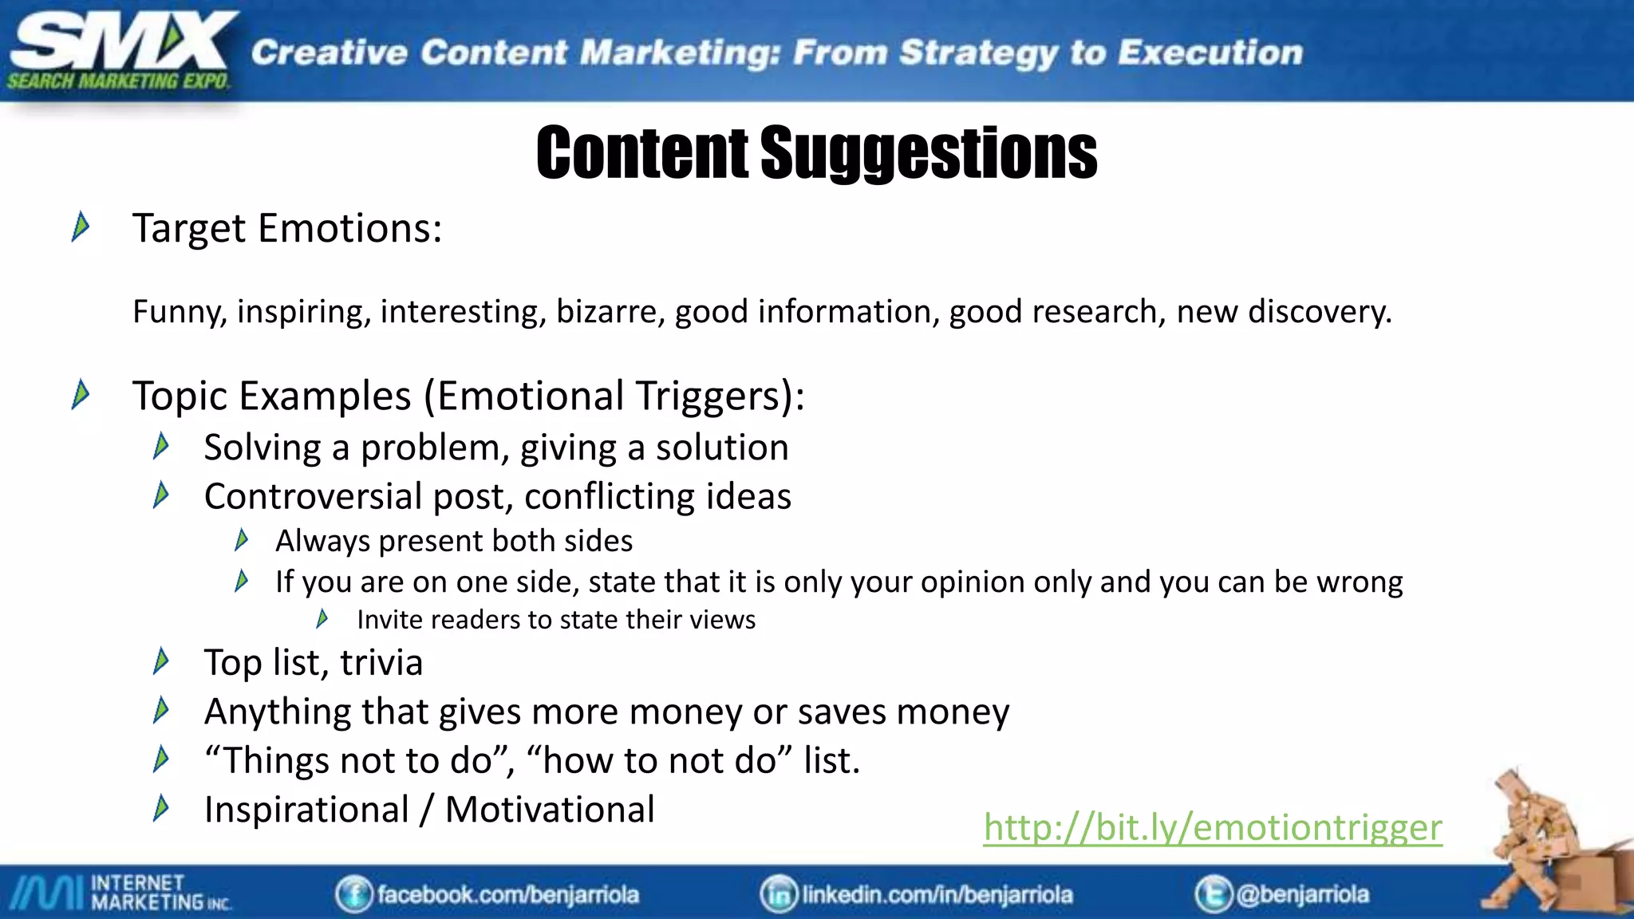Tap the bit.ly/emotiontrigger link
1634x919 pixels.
[1212, 827]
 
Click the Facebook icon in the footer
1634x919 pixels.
[353, 894]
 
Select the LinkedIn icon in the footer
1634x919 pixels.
[779, 894]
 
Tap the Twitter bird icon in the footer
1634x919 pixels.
[1213, 894]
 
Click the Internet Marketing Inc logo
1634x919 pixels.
[120, 893]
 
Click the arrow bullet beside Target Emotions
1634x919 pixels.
[81, 227]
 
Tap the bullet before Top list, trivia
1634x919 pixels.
[161, 661]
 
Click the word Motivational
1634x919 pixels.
[550, 809]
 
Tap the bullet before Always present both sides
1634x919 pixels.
[242, 541]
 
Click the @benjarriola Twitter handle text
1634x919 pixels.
[1302, 894]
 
